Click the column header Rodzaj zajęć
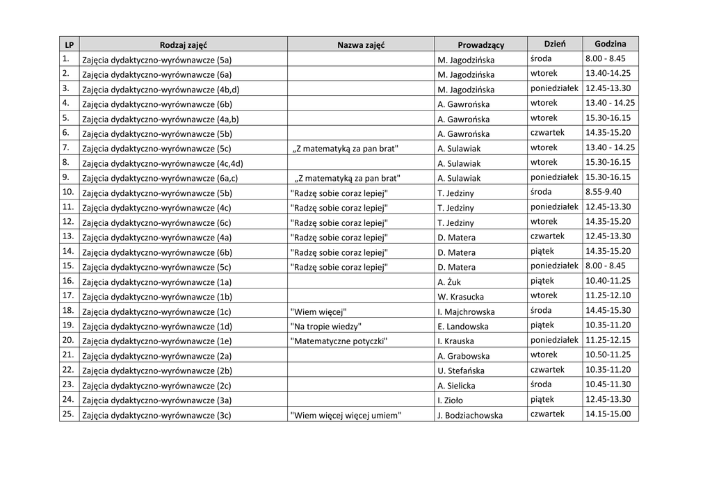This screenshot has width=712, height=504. click(184, 44)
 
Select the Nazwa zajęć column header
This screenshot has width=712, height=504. click(361, 44)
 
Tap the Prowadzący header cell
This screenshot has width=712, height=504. click(480, 44)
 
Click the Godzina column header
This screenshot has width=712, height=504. click(610, 44)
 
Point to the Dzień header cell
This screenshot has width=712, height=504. click(554, 44)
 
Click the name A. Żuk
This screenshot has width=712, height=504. click(450, 282)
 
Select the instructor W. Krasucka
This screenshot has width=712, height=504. click(460, 297)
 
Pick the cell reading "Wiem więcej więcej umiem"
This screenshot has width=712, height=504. click(346, 416)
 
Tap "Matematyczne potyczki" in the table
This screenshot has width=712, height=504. click(339, 341)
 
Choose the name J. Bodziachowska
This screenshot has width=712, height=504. click(470, 416)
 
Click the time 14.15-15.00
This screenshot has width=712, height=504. click(608, 414)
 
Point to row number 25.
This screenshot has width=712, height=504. click(68, 414)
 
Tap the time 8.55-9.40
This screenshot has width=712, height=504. click(603, 192)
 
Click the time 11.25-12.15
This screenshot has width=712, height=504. click(608, 340)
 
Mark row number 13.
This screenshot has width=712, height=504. click(68, 236)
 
